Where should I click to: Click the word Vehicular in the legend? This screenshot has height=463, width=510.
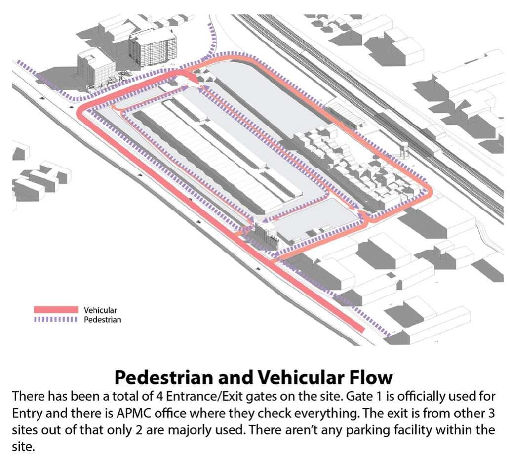100,310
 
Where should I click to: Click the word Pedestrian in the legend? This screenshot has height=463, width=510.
102,320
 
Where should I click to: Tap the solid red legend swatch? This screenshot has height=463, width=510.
56,310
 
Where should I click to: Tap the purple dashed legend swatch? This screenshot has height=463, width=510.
56,320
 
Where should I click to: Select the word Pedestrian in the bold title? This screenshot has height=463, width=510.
170,377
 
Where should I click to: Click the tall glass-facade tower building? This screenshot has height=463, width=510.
153,48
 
